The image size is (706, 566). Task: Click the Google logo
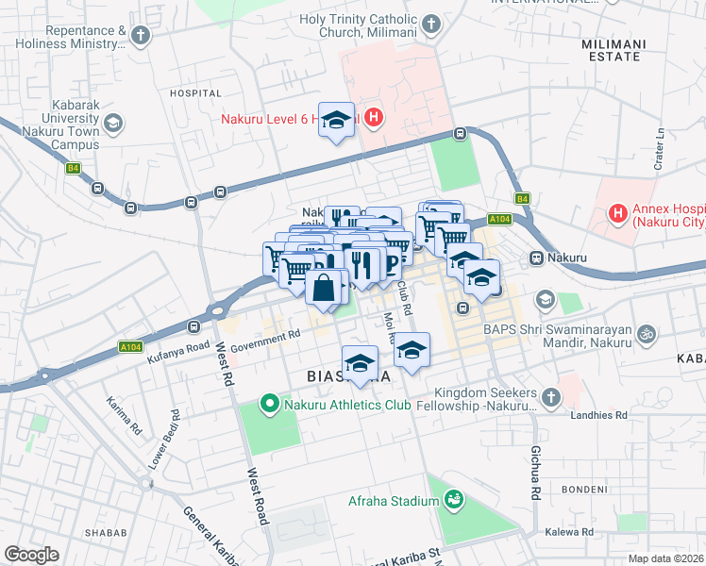(x=31, y=554)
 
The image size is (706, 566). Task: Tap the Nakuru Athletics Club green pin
(x=269, y=405)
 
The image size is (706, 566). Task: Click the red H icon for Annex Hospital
(x=617, y=212)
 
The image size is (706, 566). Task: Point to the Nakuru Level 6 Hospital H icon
(x=374, y=119)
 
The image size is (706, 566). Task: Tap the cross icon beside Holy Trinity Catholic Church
(x=431, y=24)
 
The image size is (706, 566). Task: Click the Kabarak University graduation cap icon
(x=113, y=123)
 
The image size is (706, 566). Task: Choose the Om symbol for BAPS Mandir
(x=647, y=333)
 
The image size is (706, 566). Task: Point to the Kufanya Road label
(x=176, y=348)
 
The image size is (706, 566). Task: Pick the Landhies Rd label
(x=598, y=415)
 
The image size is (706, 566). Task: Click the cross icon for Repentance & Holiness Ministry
(x=141, y=36)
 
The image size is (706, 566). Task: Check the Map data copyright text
(x=665, y=558)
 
